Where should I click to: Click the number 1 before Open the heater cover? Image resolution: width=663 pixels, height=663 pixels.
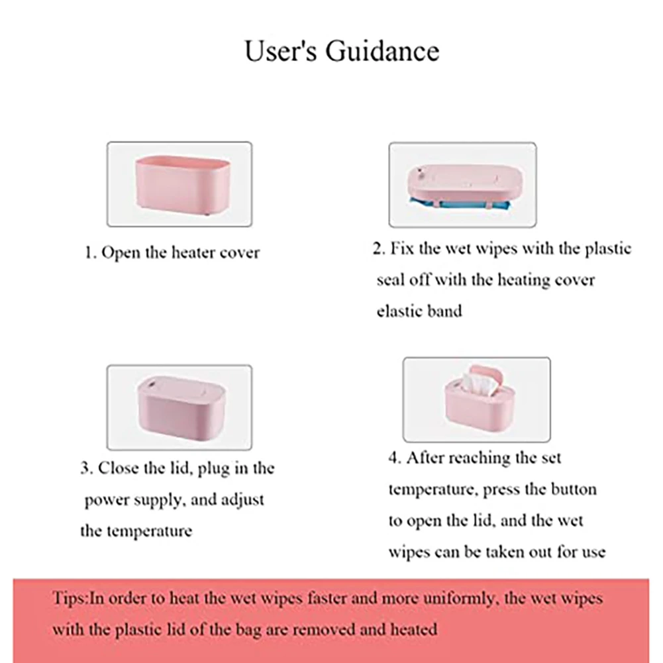(x=88, y=253)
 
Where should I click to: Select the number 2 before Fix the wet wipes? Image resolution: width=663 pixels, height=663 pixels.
(x=378, y=250)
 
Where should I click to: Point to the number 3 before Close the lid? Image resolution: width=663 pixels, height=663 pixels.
(x=85, y=468)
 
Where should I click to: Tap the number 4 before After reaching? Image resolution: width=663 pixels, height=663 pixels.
(x=393, y=458)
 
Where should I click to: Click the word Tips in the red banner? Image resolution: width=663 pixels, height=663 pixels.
(x=68, y=599)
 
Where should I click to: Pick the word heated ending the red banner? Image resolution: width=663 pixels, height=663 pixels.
(x=414, y=629)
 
